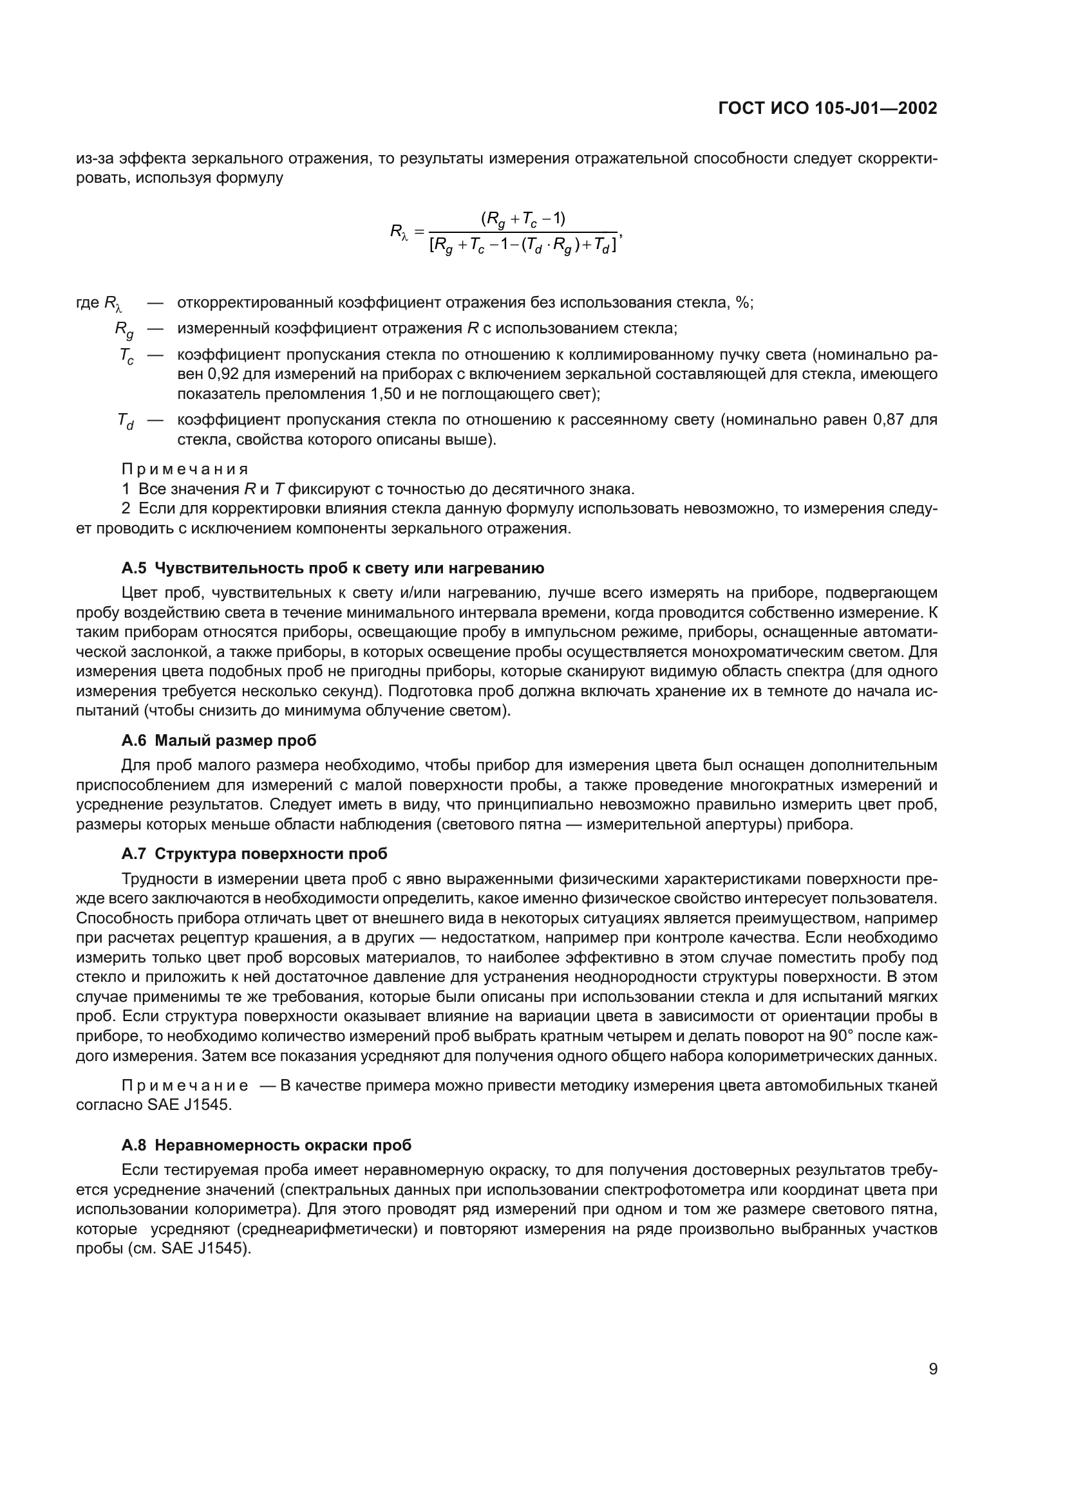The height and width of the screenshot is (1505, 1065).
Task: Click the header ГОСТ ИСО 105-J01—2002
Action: pos(827,108)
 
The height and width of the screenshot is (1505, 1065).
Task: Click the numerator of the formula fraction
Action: pos(523,219)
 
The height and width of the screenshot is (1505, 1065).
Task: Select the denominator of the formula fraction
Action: pos(523,246)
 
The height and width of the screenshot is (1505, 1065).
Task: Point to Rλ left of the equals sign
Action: pos(399,232)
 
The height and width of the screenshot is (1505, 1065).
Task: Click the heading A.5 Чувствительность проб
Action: pos(332,568)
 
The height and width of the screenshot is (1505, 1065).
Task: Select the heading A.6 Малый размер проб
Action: pos(218,741)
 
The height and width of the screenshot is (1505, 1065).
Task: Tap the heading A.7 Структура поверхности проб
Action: pos(254,853)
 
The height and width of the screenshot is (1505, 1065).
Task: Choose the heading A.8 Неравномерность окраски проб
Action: pos(267,1145)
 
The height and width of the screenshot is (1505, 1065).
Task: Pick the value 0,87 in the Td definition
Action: pos(888,420)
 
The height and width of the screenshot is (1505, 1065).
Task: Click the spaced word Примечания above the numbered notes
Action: pos(185,469)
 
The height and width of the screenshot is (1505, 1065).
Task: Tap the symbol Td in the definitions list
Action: pos(126,421)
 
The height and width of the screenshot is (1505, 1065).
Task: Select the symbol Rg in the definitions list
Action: pos(124,329)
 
